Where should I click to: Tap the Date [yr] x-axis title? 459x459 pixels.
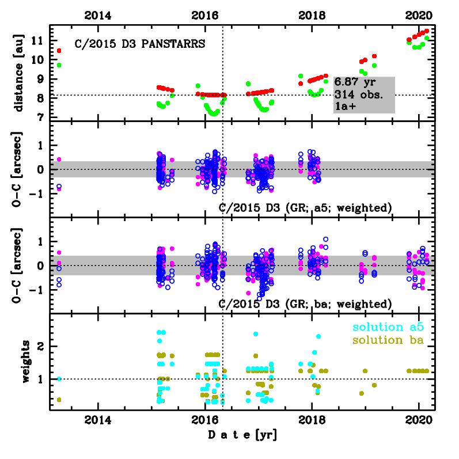[x=242, y=435]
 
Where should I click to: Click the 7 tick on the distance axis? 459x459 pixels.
[x=41, y=117]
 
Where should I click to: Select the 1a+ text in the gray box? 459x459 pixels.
[x=344, y=107]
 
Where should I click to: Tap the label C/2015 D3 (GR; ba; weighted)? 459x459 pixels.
[x=306, y=304]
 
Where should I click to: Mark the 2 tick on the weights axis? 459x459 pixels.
[x=41, y=346]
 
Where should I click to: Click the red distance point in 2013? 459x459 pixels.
[x=59, y=51]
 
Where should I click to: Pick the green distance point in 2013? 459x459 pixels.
[x=59, y=65]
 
